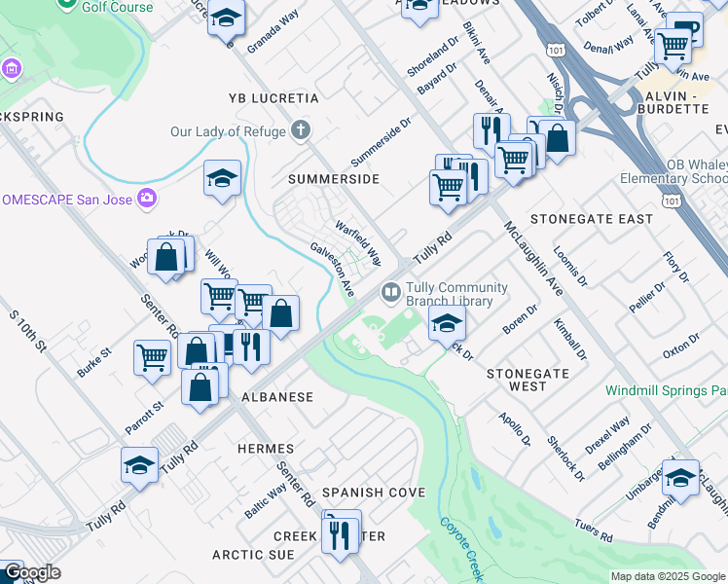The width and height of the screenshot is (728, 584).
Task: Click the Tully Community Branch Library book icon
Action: (x=390, y=291)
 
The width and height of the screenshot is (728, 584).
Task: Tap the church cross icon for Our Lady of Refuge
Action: (x=302, y=130)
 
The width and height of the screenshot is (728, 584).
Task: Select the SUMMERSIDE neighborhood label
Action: (x=333, y=180)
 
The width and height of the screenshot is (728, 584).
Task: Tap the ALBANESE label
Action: (x=277, y=397)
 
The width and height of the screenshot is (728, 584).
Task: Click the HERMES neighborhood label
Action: (x=266, y=449)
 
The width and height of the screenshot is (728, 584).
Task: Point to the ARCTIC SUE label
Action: (x=253, y=555)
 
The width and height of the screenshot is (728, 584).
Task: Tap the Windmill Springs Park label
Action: (x=666, y=390)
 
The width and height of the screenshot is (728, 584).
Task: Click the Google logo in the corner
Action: (x=31, y=572)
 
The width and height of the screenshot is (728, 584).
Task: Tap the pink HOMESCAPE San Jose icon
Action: (x=147, y=199)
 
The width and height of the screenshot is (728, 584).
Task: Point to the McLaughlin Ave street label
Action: (x=532, y=258)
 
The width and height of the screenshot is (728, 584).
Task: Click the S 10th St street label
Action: (x=28, y=332)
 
